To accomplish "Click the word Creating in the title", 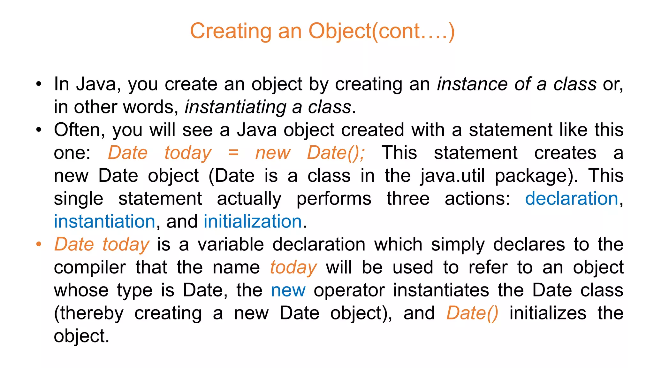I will coord(230,31).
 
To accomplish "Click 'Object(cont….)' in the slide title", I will coord(381,31).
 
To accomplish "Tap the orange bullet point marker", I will coord(39,244).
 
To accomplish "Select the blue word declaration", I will coord(572,198).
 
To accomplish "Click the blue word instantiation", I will coord(104,221).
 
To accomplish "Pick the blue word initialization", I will coord(253,221).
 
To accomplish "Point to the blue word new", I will coord(288,290).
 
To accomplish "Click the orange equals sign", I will coord(233,153).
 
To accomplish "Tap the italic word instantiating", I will coord(236,107).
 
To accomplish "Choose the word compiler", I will coord(90,268).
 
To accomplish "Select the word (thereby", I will coord(88,313).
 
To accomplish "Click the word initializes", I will coord(548,313).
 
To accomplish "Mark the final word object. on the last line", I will coord(81,336).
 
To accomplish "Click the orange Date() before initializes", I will coord(472,313).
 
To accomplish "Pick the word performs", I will coord(334,199).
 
